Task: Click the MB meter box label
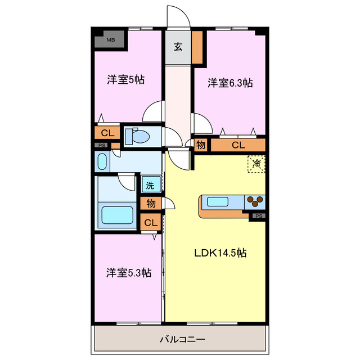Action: click(x=111, y=40)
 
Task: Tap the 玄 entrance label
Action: click(x=178, y=47)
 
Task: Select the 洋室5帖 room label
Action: click(x=126, y=80)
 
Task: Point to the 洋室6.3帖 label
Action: click(x=230, y=83)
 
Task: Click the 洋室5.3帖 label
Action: click(x=129, y=273)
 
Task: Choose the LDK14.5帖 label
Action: click(x=220, y=253)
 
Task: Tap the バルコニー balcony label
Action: click(x=182, y=339)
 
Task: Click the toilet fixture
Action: click(x=137, y=137)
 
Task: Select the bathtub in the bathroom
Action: click(x=118, y=215)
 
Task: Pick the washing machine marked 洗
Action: click(x=151, y=184)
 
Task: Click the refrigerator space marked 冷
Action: click(x=256, y=164)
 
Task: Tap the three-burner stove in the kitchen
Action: click(x=255, y=201)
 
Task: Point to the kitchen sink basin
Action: click(x=218, y=202)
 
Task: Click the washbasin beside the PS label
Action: click(x=102, y=161)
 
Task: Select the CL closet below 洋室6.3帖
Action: click(x=238, y=145)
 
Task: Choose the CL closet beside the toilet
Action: click(x=107, y=133)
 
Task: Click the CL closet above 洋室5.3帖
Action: click(x=151, y=222)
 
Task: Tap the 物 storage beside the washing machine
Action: click(x=151, y=204)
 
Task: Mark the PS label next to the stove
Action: click(x=259, y=216)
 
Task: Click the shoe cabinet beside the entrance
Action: click(x=197, y=47)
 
